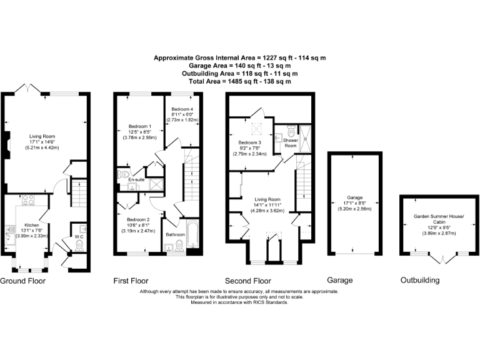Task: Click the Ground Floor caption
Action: click(x=22, y=281)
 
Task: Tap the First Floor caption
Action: click(x=131, y=281)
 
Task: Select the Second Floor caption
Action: click(x=250, y=281)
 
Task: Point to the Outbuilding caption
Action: click(x=420, y=281)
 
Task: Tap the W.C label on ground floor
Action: click(x=79, y=237)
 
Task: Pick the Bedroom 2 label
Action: click(x=139, y=219)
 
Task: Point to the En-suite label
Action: click(x=136, y=180)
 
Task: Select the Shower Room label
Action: click(x=290, y=143)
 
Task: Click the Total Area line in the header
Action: click(x=240, y=81)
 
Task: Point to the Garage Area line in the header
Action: click(x=240, y=65)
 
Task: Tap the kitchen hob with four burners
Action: click(x=27, y=201)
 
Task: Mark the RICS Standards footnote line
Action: click(x=240, y=302)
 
